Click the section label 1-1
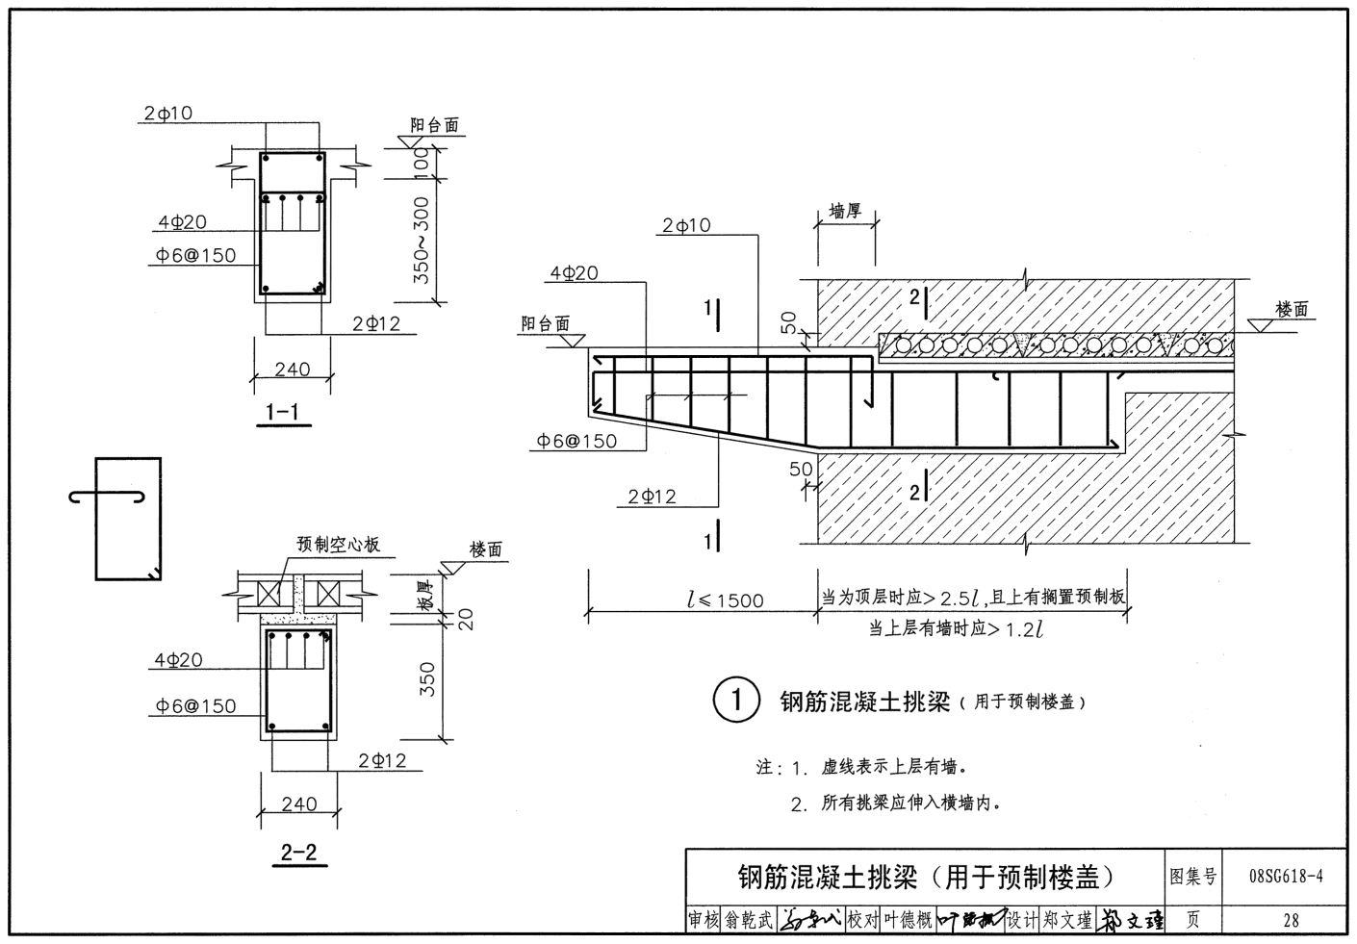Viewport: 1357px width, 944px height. [x=282, y=413]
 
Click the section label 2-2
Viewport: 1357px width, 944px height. [x=298, y=852]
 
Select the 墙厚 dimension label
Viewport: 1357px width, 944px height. [x=845, y=212]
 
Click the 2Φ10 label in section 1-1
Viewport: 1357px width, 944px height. [x=168, y=114]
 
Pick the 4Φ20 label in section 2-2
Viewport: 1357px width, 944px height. [x=178, y=660]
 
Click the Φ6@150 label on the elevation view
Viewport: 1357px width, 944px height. [x=576, y=441]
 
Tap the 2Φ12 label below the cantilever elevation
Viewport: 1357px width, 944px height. [x=652, y=497]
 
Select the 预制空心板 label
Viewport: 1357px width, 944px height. [x=338, y=545]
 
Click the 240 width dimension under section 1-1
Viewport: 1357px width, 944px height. [x=292, y=369]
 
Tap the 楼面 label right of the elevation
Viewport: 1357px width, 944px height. [x=1293, y=309]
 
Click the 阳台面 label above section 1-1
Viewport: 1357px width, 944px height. [x=434, y=125]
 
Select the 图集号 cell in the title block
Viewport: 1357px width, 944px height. [x=1192, y=877]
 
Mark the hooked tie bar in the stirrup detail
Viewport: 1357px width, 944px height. [x=108, y=497]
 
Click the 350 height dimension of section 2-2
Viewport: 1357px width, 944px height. [x=428, y=678]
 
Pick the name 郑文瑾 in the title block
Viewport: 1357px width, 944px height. [x=1066, y=921]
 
